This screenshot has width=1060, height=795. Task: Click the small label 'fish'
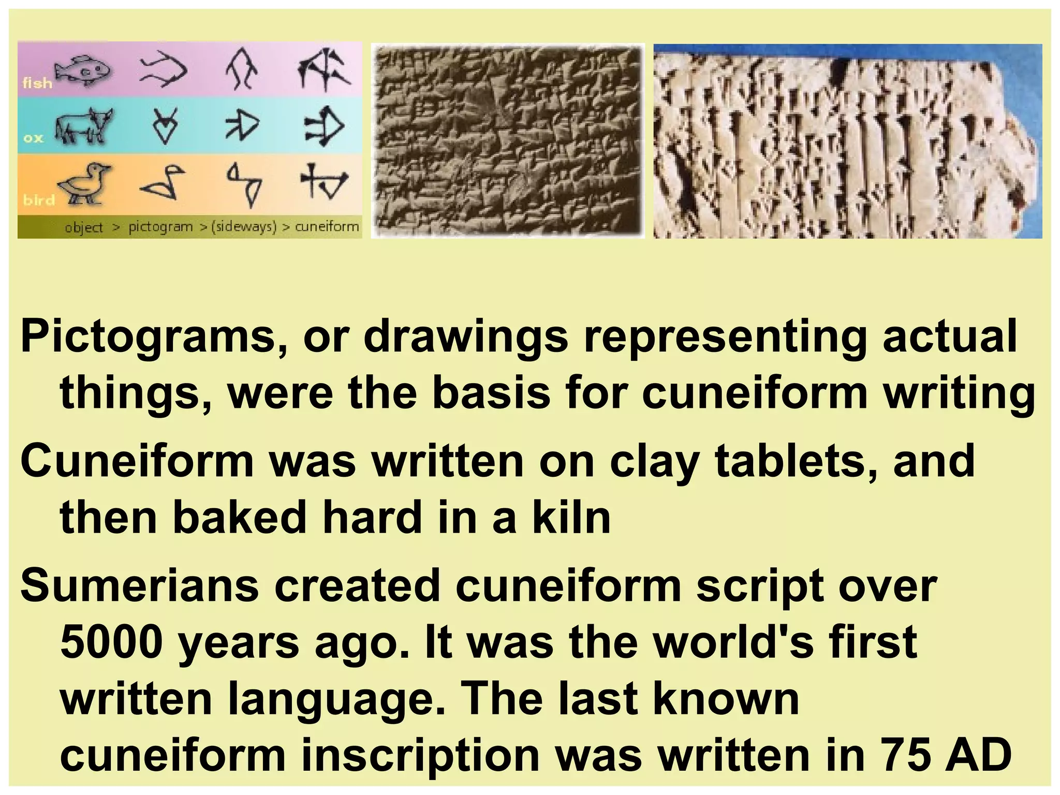37,83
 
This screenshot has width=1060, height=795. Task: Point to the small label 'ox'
33,138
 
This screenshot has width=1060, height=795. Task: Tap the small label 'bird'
39,200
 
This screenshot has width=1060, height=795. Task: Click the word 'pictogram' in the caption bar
160,227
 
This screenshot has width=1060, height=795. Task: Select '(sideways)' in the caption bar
244,227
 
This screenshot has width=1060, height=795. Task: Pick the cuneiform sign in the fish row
325,70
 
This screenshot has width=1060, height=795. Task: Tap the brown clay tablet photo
508,141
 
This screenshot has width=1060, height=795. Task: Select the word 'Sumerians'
139,585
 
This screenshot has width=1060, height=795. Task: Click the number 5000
112,642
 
